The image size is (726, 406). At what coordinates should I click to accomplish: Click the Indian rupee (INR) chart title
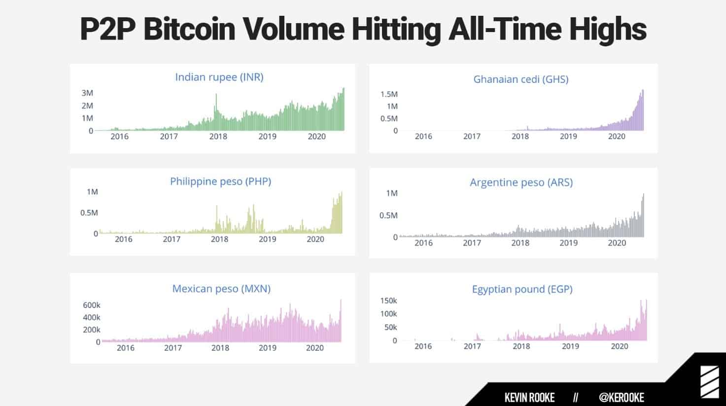click(x=219, y=77)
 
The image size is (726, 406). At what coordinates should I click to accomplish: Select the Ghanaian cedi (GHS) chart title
click(x=521, y=79)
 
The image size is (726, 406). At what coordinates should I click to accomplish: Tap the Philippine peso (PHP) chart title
click(x=220, y=181)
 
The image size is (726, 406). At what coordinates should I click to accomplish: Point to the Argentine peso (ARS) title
click(x=521, y=183)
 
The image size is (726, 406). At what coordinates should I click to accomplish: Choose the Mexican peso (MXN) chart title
click(x=221, y=289)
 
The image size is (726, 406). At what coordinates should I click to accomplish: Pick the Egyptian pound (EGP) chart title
click(x=522, y=289)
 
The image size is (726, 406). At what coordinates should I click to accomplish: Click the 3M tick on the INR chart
click(x=87, y=93)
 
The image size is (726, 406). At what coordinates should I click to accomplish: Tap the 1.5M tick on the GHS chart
click(x=389, y=94)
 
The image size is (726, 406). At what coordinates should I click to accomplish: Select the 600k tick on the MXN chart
click(x=91, y=305)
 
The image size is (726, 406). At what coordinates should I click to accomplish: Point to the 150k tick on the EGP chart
click(x=388, y=300)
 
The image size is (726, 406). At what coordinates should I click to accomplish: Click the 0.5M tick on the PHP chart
click(x=89, y=213)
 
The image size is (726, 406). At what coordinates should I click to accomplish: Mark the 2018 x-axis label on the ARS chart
click(x=520, y=243)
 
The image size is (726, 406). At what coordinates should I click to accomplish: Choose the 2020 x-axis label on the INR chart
click(x=316, y=137)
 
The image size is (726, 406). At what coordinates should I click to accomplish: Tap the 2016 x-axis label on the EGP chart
click(x=423, y=346)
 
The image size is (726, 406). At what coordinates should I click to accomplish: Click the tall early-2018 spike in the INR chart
click(x=216, y=106)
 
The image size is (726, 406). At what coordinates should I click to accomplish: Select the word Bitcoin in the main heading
click(x=189, y=30)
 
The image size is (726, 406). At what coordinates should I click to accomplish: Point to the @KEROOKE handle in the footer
click(x=621, y=398)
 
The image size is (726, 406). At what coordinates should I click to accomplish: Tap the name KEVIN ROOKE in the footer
click(x=529, y=398)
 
